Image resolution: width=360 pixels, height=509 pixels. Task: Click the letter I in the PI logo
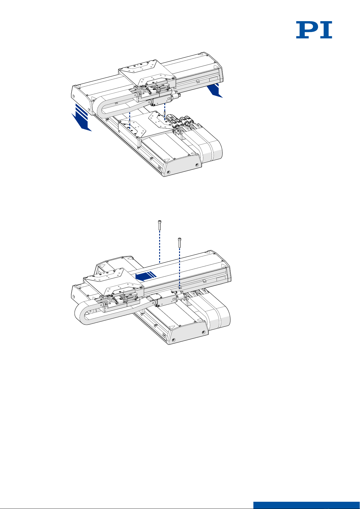coord(327,30)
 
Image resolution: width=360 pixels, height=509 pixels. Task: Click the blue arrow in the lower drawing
coord(146,276)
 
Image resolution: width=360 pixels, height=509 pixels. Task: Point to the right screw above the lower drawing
coord(179,242)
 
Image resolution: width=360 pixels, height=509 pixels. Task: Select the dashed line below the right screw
coord(179,267)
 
